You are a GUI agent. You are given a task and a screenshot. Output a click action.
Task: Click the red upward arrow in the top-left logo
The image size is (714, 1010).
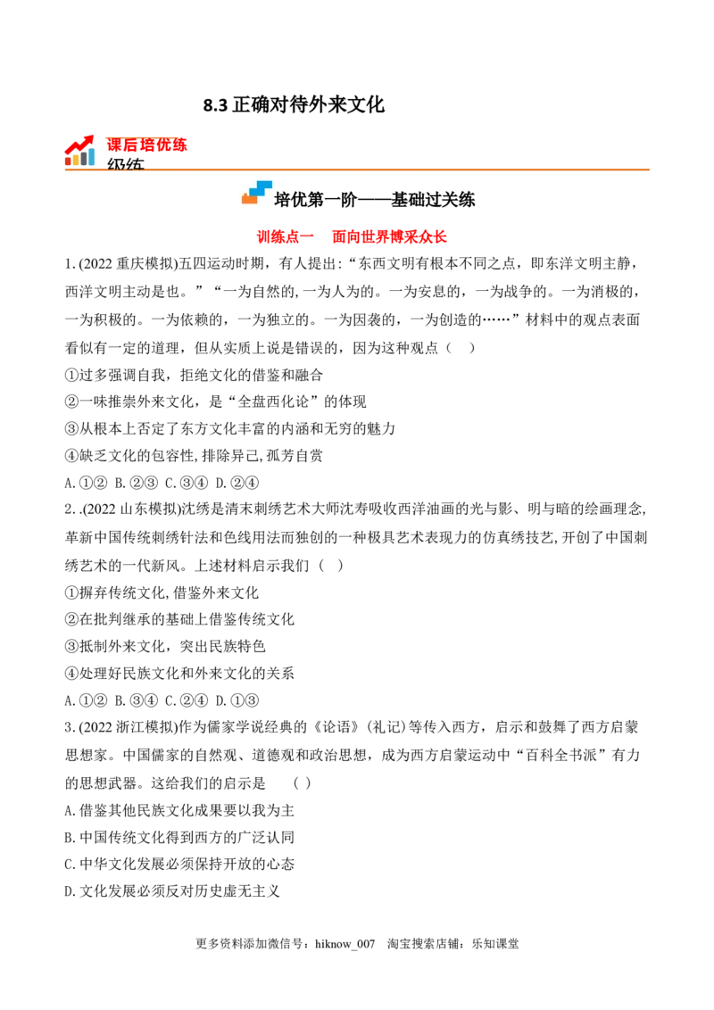click(79, 145)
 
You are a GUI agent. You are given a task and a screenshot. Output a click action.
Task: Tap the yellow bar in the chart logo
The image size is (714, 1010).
click(76, 159)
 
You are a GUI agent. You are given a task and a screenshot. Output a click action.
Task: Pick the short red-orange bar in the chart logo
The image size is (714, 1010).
click(68, 161)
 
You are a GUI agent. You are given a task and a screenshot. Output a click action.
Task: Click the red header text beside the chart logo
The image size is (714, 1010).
click(147, 145)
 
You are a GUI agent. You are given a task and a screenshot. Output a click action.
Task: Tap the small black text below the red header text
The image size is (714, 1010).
click(125, 166)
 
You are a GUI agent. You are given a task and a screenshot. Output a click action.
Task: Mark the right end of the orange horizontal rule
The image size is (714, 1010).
click(654, 168)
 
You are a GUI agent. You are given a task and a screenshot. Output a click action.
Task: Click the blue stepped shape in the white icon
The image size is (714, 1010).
click(261, 187)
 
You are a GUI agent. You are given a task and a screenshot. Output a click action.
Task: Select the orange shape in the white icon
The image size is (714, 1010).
click(249, 198)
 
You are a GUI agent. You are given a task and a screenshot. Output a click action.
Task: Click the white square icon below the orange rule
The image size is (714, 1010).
click(256, 193)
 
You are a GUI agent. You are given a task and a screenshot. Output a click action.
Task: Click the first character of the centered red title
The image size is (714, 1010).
click(263, 237)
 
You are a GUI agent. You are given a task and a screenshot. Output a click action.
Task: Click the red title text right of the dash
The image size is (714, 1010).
click(388, 237)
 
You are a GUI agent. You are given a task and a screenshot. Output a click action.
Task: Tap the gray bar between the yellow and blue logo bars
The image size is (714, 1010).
click(84, 160)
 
